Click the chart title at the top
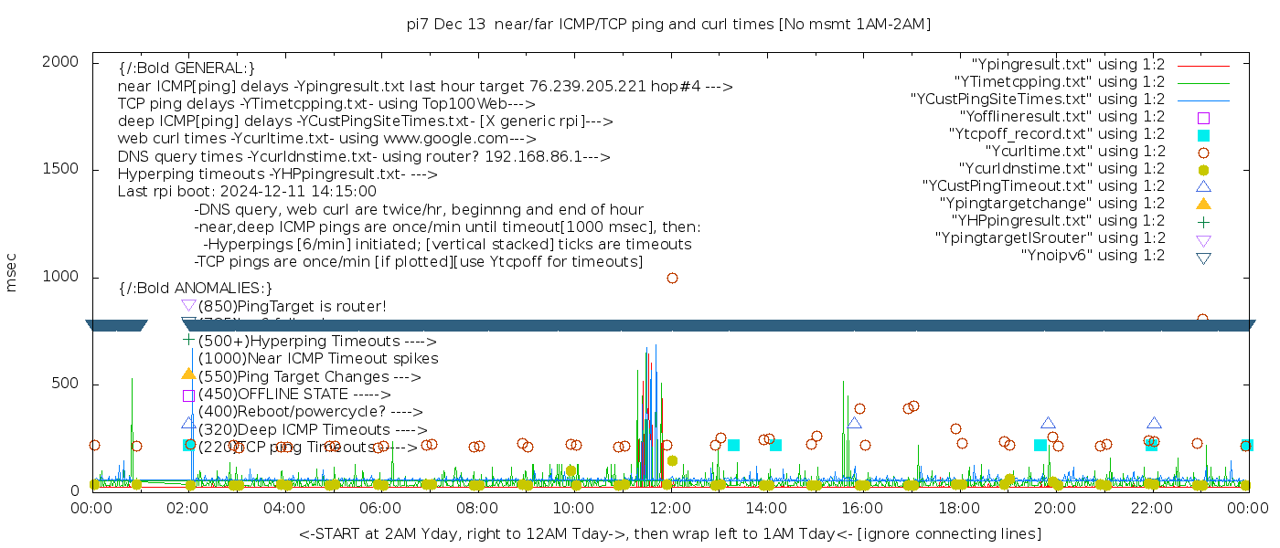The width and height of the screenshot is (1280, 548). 669,24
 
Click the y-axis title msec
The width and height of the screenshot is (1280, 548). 12,272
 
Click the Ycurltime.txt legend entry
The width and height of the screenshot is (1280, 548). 1074,152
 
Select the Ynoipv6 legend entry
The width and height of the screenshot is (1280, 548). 1093,256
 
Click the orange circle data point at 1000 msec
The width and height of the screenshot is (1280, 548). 672,278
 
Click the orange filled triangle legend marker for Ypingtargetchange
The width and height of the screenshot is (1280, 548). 1203,204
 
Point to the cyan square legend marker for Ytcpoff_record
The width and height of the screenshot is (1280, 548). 1203,135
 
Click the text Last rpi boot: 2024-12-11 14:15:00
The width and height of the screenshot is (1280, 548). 247,192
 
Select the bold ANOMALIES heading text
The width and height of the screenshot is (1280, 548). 196,288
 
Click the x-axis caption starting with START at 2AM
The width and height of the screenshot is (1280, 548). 669,533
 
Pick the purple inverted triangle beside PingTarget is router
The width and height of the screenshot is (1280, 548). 188,306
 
